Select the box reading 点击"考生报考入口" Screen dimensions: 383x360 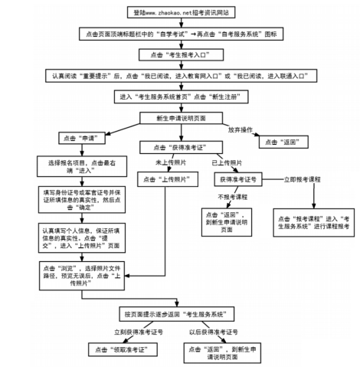point(181,56)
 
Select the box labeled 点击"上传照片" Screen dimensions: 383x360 point(162,180)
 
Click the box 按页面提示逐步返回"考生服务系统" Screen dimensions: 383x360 point(180,314)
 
